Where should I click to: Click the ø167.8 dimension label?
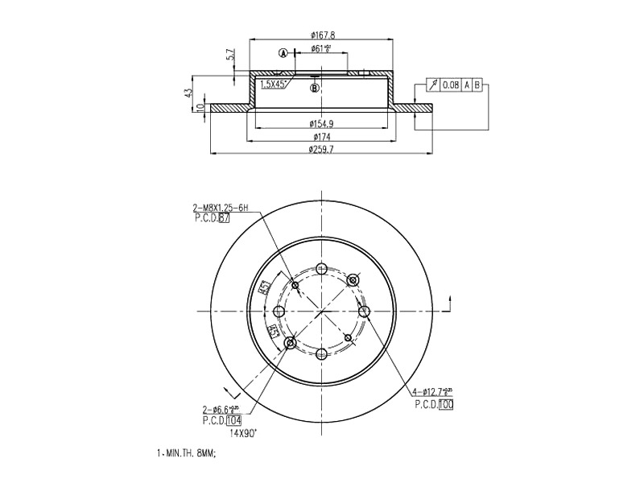pos(322,35)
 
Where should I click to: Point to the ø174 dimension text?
pos(322,138)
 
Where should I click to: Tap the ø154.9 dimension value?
pos(322,124)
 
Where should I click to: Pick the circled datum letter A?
pos(283,54)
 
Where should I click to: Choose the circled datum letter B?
pos(315,87)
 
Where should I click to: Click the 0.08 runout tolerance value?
pos(451,85)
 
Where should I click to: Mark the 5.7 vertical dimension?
pos(230,56)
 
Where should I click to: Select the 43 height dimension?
pos(190,93)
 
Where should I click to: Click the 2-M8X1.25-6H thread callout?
pos(221,208)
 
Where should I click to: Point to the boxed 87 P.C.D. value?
pos(225,218)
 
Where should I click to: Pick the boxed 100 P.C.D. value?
pos(447,405)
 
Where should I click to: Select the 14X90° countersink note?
pos(243,432)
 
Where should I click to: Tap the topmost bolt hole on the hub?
pos(321,269)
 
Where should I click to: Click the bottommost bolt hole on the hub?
pos(321,354)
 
